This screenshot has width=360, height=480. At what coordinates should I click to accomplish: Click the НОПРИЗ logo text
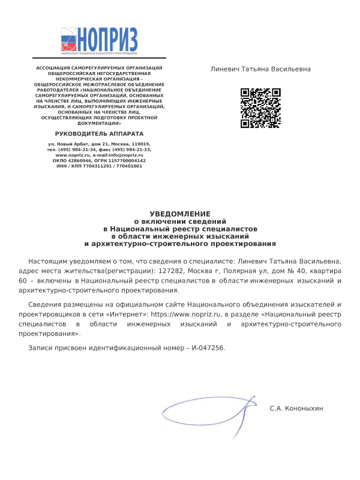point(108,40)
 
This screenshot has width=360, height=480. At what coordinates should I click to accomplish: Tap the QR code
point(261,108)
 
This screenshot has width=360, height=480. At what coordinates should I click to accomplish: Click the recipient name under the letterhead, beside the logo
point(260,69)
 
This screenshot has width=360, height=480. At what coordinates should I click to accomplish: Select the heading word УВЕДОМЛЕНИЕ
point(180,214)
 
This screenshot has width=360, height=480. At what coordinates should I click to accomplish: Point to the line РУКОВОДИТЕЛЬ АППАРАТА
point(100,133)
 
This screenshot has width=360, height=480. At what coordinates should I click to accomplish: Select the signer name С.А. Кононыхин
point(296,408)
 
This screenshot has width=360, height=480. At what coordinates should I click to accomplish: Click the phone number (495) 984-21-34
point(82,149)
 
